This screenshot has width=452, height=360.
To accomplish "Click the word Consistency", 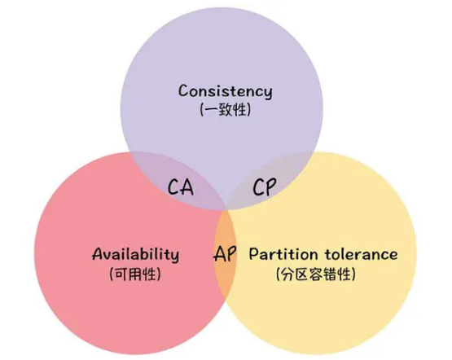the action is coord(225,91).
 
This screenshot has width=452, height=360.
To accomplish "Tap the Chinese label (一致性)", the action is coord(225,110).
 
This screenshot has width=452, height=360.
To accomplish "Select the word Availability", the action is coord(135,254).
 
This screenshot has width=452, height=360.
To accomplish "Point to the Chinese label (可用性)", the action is coord(135,274).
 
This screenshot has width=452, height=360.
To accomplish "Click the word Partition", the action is coord(283,254).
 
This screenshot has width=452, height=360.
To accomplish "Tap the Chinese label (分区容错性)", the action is coord(316,274).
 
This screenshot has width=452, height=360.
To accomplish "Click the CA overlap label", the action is coord(181,187).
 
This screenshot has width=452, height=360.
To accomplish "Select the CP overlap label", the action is coord(265,187).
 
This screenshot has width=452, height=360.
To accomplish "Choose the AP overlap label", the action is coord(225,253).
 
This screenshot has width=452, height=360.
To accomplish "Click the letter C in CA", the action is coord(173,187).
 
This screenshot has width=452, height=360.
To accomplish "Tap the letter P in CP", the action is coord(271,187).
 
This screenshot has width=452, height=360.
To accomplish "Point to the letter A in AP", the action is coord(220,253).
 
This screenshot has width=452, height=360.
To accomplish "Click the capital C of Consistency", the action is coord(184,90).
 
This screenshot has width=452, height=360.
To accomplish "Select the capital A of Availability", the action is coord(99,253).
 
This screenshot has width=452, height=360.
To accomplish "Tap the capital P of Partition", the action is coord(254,254).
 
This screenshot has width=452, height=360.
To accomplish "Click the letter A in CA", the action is coord(187,187).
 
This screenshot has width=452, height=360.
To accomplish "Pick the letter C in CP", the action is coord(258,187).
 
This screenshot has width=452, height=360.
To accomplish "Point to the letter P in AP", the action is coord(232,253).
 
